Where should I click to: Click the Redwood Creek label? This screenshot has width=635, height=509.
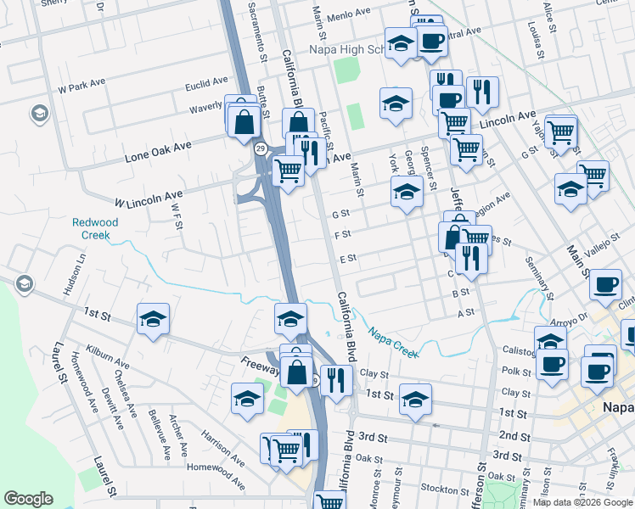pos(95,228)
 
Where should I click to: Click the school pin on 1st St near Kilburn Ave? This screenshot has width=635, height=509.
pos(154,319)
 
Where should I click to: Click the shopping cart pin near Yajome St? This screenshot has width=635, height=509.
pos(560,132)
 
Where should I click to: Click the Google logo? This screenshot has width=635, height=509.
pos(28,499)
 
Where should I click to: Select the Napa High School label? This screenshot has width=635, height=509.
pos(348,50)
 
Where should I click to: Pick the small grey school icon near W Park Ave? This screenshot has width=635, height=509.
pos(38,113)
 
